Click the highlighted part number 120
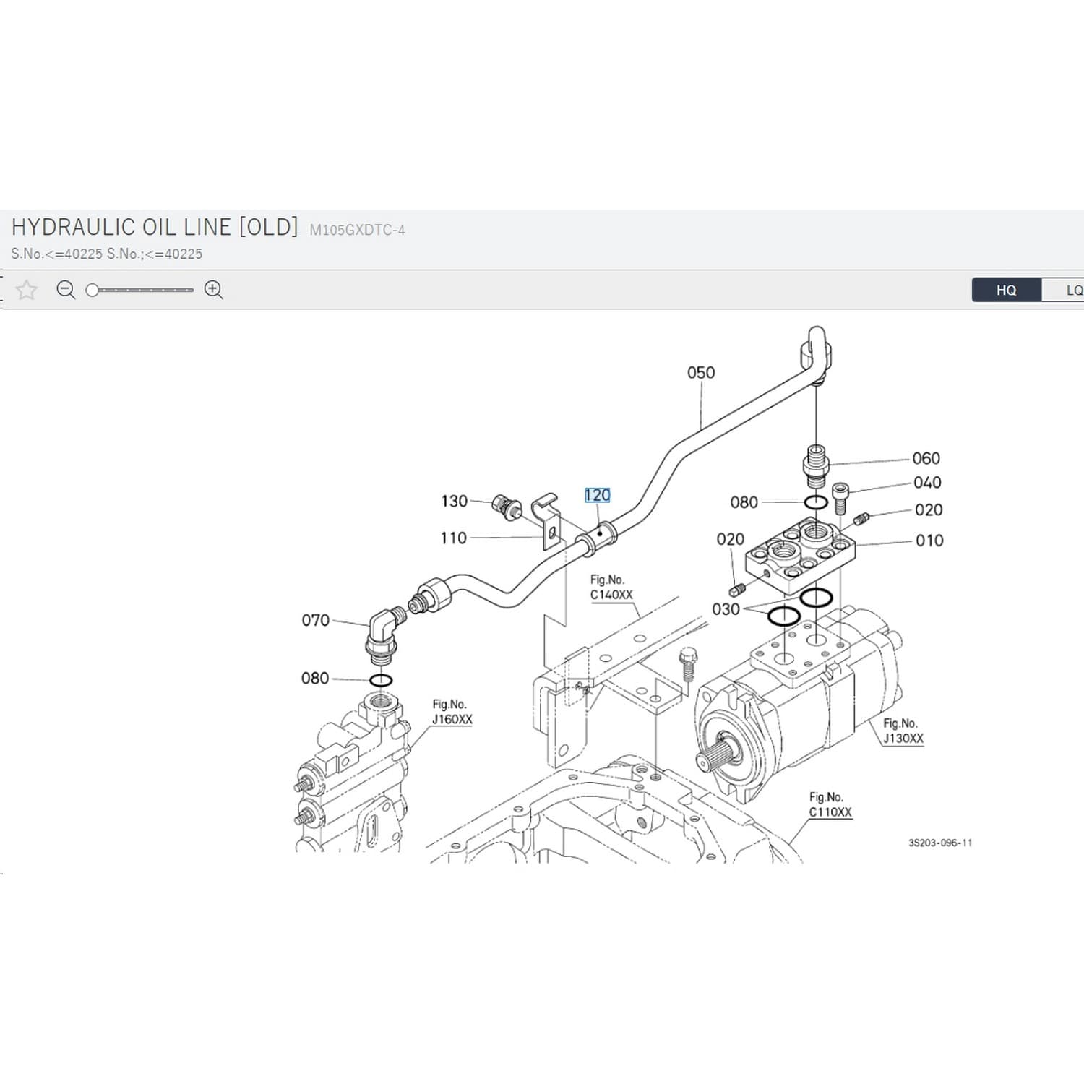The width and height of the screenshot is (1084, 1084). pyautogui.click(x=598, y=495)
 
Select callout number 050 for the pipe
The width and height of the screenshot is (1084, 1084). pyautogui.click(x=701, y=372)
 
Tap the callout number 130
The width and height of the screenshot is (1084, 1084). pyautogui.click(x=455, y=501)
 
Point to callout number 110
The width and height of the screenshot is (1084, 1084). pyautogui.click(x=454, y=538)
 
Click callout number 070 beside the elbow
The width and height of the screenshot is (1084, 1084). pyautogui.click(x=315, y=620)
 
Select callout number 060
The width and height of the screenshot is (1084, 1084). pyautogui.click(x=926, y=458)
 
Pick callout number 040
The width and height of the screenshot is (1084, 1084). pyautogui.click(x=927, y=482)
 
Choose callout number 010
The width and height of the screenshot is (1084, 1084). pyautogui.click(x=929, y=541)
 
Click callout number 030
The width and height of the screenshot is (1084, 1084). pyautogui.click(x=726, y=609)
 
